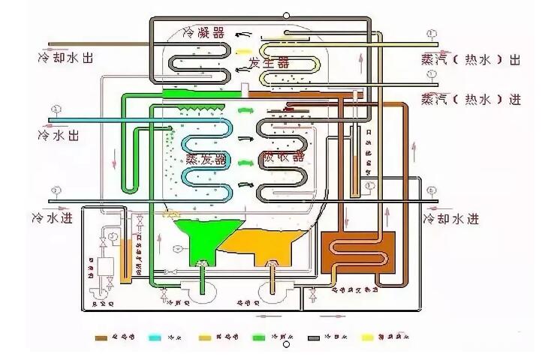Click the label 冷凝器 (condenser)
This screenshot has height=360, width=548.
(204, 32)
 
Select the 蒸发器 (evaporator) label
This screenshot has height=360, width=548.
(206, 159)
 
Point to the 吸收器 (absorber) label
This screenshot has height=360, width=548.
(282, 157)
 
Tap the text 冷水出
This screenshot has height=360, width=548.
(58, 136)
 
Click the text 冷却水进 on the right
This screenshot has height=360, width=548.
(450, 219)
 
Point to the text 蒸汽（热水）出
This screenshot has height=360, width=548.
(471, 60)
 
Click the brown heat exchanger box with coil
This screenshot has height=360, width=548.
(358, 254)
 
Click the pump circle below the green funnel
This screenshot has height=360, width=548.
(202, 289)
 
